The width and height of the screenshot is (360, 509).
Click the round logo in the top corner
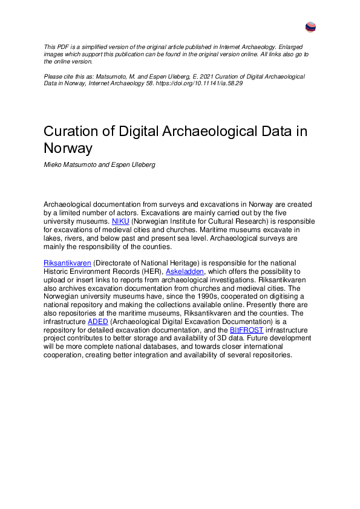pyautogui.click(x=310, y=27)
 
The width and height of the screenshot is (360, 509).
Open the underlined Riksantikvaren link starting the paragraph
pyautogui.click(x=65, y=264)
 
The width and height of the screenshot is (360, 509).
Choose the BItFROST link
pyautogui.click(x=246, y=330)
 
